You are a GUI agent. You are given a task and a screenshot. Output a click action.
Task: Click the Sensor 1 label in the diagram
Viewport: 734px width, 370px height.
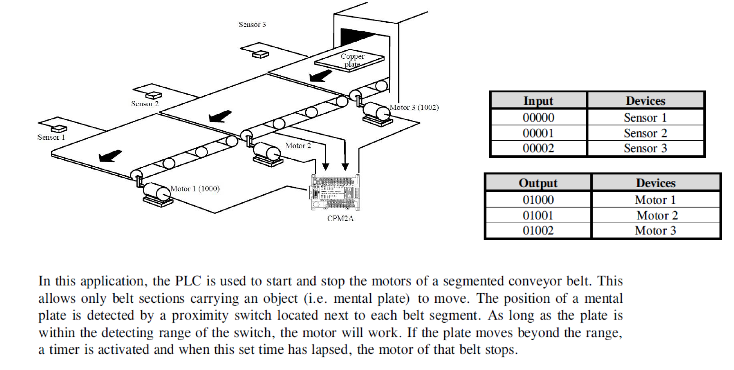tap(51, 137)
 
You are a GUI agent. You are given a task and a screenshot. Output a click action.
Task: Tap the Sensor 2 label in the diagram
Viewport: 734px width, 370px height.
tap(145, 103)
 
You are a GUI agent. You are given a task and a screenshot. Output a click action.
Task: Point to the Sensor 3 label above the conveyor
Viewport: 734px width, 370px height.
tap(252, 25)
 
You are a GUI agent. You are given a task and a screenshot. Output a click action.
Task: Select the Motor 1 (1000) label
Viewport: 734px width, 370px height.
tap(195, 189)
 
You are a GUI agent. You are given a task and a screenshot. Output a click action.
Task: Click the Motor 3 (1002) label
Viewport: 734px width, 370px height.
tap(414, 108)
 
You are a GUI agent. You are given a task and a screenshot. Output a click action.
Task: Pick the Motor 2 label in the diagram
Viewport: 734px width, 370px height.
tap(298, 145)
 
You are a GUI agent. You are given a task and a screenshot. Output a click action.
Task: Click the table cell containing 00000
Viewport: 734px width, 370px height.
tap(538, 117)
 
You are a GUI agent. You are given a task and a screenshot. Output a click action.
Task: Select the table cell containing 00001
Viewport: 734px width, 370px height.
tap(538, 133)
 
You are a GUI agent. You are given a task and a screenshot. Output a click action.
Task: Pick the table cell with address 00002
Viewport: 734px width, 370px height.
tap(538, 149)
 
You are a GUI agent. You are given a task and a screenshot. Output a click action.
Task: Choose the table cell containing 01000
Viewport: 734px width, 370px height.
tap(538, 199)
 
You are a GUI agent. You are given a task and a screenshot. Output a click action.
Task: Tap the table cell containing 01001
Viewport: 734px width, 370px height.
tap(538, 216)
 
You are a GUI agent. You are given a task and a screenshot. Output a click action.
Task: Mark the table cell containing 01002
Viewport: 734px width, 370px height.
tap(538, 231)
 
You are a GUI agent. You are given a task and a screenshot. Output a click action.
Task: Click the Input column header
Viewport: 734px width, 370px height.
tap(538, 100)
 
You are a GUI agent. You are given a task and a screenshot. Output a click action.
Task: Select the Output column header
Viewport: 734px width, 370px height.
tap(538, 183)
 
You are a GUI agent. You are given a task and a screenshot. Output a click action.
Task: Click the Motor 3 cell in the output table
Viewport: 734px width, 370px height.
tap(655, 231)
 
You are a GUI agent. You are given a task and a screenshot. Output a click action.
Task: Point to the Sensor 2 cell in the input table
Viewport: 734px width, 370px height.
tap(645, 133)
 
